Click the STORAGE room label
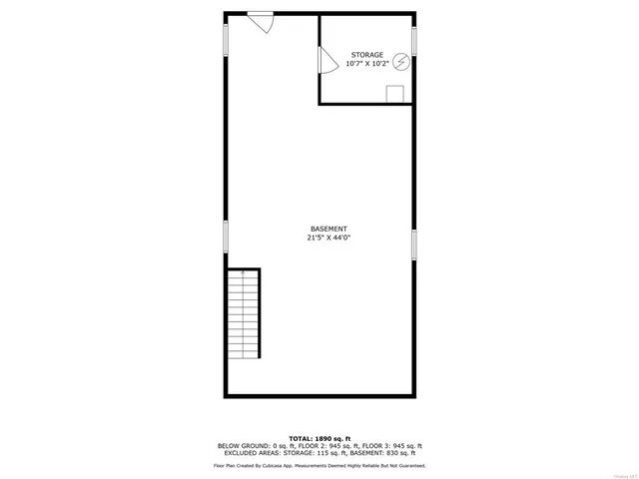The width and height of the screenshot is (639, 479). (x=366, y=54)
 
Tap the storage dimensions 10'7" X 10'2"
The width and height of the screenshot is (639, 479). (x=366, y=64)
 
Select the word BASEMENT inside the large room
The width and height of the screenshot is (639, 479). (x=328, y=229)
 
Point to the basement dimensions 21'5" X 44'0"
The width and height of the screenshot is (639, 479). (x=328, y=239)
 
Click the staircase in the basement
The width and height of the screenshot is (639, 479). (x=244, y=313)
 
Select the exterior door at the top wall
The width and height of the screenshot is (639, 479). (x=262, y=20)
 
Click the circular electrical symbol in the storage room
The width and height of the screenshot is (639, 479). (x=399, y=62)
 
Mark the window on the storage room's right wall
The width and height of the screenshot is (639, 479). (x=414, y=40)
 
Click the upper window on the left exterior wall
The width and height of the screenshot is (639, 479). (x=225, y=39)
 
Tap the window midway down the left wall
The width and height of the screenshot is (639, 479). (x=225, y=237)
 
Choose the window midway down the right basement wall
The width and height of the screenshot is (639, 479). (x=414, y=244)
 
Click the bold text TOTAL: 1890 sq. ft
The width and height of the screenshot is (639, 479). (x=319, y=438)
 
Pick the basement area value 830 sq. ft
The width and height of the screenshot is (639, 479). (x=406, y=453)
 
